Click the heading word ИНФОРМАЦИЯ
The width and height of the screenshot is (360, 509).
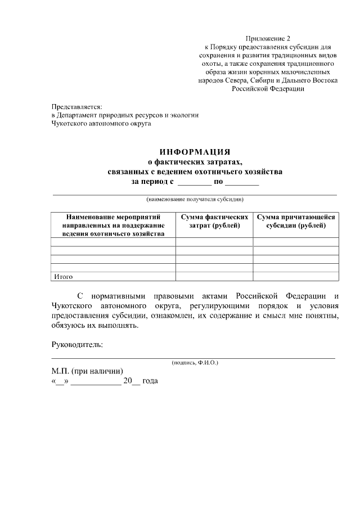(x=195, y=152)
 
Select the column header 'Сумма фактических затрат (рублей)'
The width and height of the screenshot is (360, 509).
(x=214, y=221)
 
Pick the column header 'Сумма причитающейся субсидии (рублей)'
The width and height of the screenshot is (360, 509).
(x=296, y=221)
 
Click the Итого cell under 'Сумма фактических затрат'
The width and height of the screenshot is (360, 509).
(x=214, y=276)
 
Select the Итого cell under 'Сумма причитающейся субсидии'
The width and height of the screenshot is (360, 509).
(x=296, y=276)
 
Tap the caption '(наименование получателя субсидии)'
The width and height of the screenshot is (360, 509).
(x=195, y=199)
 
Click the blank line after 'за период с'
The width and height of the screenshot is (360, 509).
(x=193, y=183)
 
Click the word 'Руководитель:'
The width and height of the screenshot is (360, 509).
(x=77, y=344)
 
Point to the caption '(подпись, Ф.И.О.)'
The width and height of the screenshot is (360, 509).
(x=195, y=363)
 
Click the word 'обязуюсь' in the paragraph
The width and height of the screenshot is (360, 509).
(x=65, y=326)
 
